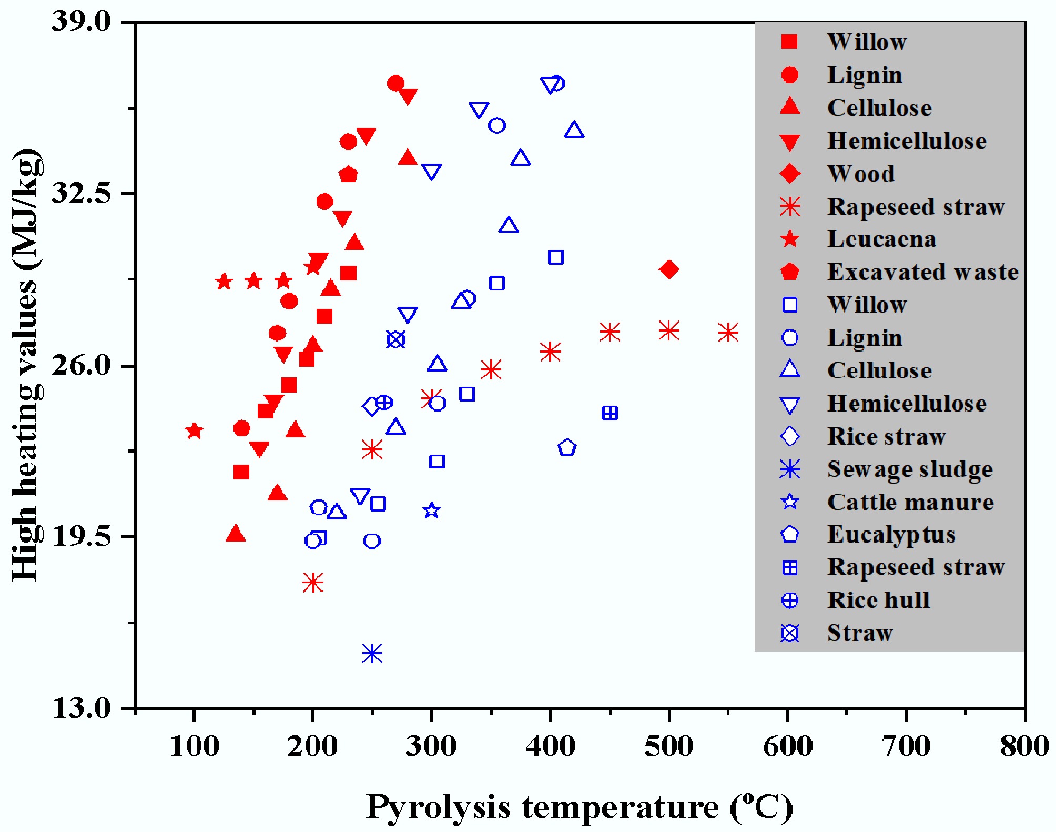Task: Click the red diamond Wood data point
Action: (668, 269)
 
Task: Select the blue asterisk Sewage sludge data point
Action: (372, 654)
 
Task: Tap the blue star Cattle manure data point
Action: (432, 510)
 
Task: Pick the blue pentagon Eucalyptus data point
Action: (567, 447)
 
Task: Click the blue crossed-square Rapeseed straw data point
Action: (610, 413)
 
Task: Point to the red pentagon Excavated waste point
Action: (348, 174)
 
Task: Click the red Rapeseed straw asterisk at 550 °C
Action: (728, 332)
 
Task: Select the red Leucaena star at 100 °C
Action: (194, 431)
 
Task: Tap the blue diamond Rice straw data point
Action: (372, 406)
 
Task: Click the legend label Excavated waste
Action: (923, 272)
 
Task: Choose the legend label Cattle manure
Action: (910, 503)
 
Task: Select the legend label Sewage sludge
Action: (910, 469)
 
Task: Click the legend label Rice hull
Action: (879, 600)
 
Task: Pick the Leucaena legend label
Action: (882, 239)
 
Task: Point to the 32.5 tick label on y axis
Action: (82, 193)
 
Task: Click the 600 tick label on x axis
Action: (787, 747)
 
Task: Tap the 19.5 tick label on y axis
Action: (82, 537)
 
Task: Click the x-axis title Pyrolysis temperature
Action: (579, 807)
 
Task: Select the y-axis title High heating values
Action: (26, 365)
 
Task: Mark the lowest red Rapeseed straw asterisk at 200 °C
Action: (313, 583)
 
